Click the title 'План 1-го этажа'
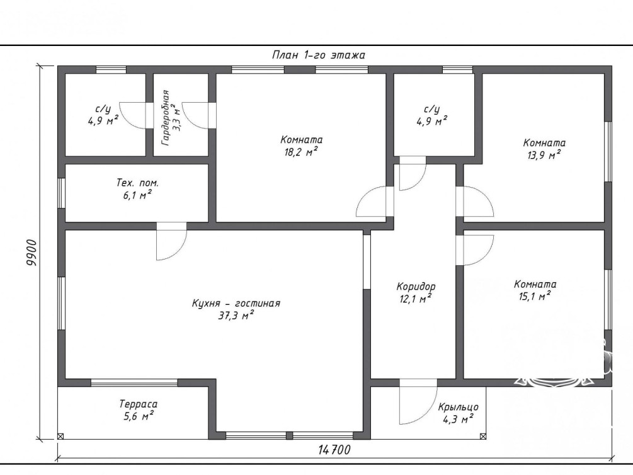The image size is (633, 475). [319, 55]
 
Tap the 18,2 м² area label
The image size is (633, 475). [301, 152]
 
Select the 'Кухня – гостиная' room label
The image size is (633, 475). [236, 303]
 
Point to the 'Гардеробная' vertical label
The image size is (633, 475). [165, 118]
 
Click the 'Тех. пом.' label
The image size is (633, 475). [137, 183]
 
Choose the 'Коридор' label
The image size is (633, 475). [416, 287]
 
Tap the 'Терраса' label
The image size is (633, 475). [138, 404]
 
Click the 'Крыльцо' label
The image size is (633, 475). [459, 407]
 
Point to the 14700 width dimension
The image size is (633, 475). [334, 450]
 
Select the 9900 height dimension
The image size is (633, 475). [31, 253]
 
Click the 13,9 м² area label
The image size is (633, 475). [544, 155]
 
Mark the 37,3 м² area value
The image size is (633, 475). [236, 316]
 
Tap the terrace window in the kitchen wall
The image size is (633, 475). [134, 382]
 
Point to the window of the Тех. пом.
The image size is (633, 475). [61, 193]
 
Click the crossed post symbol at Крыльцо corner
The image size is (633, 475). [483, 436]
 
